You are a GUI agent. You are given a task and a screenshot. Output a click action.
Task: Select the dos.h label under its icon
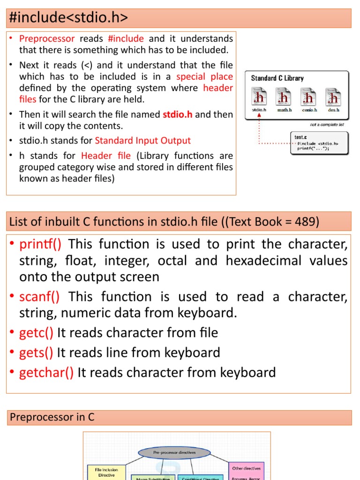pyautogui.click(x=333, y=110)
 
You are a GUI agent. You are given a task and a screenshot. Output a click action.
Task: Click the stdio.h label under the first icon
pyautogui.click(x=259, y=110)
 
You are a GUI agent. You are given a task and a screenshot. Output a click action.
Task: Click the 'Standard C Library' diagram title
pyautogui.click(x=277, y=78)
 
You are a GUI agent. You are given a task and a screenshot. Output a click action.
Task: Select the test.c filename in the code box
pyautogui.click(x=300, y=137)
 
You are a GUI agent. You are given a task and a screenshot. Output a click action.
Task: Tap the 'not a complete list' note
pyautogui.click(x=327, y=125)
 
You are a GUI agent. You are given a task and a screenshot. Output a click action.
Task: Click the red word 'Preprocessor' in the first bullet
pyautogui.click(x=47, y=38)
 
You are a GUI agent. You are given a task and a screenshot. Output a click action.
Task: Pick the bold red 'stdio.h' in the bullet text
pyautogui.click(x=177, y=114)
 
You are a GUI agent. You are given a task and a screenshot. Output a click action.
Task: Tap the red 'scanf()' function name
pyautogui.click(x=39, y=296)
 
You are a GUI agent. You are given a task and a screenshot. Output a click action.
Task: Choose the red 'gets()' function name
pyautogui.click(x=36, y=352)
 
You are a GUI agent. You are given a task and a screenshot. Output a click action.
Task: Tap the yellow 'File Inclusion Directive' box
pyautogui.click(x=106, y=472)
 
